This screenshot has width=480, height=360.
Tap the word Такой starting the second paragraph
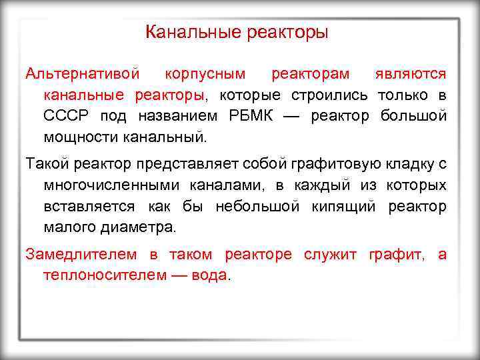click(x=45, y=163)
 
